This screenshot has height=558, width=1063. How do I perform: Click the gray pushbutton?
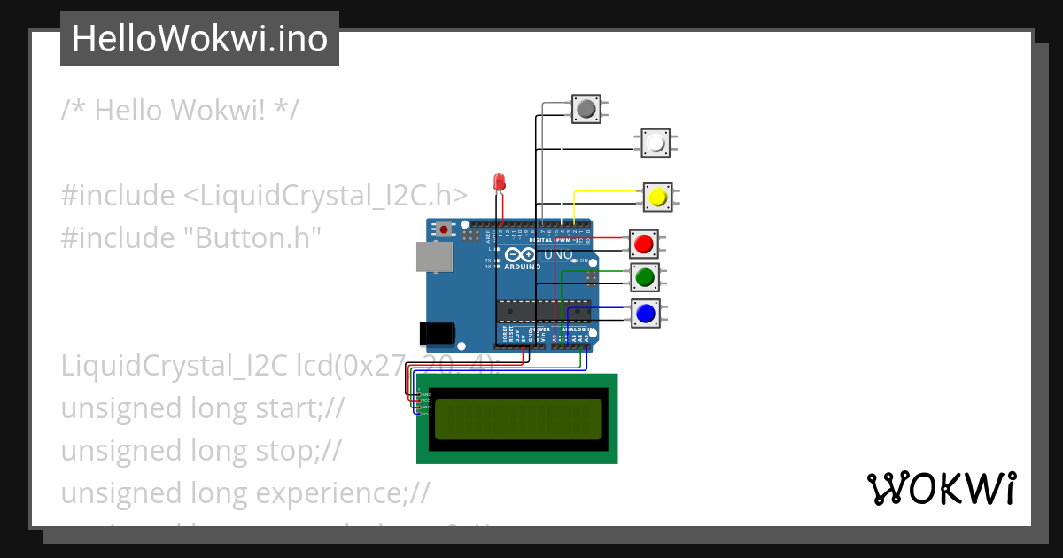point(586,109)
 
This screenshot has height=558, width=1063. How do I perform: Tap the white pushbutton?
point(656,143)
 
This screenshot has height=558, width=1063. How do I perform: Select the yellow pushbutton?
point(656,196)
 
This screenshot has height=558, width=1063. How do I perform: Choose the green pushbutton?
point(644,277)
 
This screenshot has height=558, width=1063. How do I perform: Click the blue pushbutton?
point(645,312)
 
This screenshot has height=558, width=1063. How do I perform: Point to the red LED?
point(500,182)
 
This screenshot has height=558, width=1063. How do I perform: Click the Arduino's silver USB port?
point(434,257)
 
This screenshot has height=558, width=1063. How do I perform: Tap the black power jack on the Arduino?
point(437,332)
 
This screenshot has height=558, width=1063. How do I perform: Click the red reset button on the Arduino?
point(443,229)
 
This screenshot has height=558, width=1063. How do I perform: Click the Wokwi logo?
point(941,489)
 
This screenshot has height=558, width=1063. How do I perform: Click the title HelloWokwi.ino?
point(199,38)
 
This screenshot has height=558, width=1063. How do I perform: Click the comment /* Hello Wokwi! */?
point(180,111)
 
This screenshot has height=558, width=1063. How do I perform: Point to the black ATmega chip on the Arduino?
point(543,311)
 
